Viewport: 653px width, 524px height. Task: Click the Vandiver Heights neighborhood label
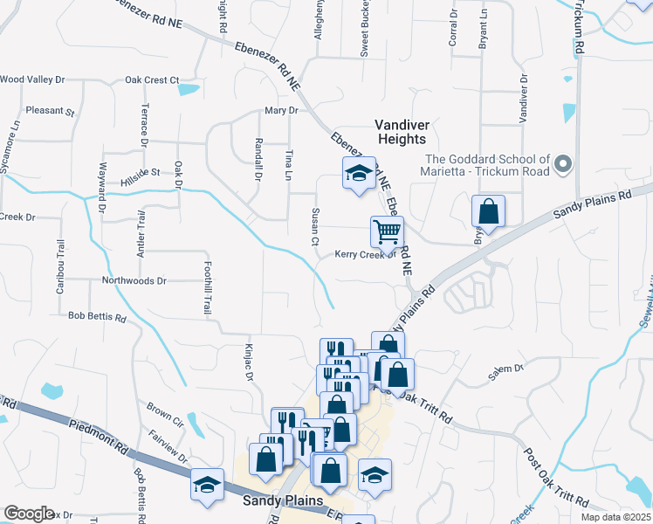(x=401, y=132)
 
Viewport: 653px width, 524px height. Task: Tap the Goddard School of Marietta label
(x=487, y=165)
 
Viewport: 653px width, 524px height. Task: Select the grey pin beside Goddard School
(x=563, y=163)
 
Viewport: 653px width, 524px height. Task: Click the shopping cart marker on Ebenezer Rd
(x=387, y=232)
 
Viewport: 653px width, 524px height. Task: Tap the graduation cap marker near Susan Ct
(x=358, y=174)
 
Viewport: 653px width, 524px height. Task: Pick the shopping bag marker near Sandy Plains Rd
(x=488, y=211)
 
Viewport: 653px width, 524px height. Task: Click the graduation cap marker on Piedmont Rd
(x=207, y=486)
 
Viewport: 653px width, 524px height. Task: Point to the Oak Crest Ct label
(x=151, y=80)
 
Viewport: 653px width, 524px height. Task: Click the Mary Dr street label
(x=281, y=111)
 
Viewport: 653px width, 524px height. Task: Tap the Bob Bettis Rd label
(x=97, y=316)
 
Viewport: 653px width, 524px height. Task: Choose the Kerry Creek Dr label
(x=366, y=256)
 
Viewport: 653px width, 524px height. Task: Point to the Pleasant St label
(x=50, y=111)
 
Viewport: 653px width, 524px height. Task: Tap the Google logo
(x=29, y=514)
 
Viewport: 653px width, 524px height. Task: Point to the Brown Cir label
(x=164, y=408)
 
